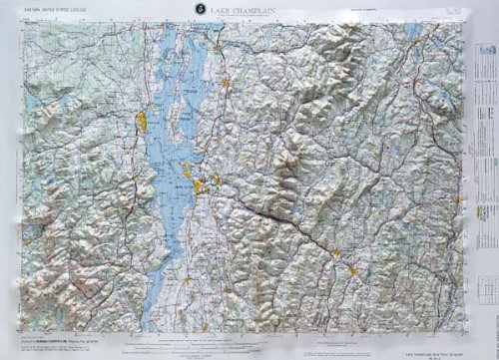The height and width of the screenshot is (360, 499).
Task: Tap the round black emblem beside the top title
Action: click(203, 10)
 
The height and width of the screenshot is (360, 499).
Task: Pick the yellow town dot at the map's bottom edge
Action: click(205, 327)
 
